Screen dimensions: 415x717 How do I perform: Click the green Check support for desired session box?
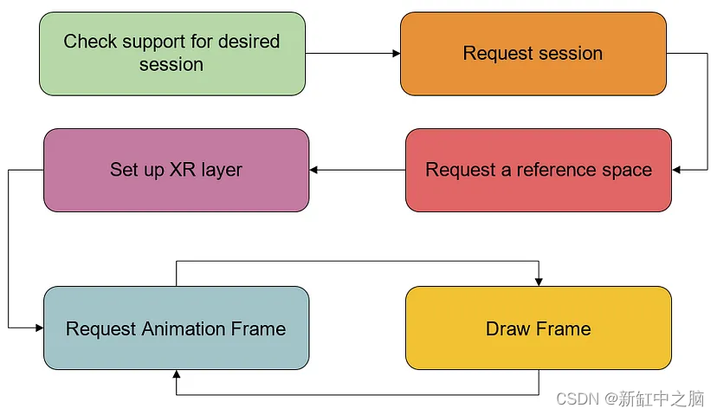(171, 53)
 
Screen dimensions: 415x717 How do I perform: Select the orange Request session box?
(533, 53)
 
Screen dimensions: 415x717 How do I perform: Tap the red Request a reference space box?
(538, 170)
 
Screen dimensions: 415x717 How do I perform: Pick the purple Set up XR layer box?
(176, 170)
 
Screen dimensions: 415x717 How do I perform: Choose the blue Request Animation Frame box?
(176, 328)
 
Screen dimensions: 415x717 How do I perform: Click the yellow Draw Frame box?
(538, 328)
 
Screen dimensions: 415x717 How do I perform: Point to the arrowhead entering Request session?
(396, 54)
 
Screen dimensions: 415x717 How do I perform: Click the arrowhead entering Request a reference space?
(677, 170)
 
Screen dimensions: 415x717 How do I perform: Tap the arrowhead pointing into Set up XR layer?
(314, 170)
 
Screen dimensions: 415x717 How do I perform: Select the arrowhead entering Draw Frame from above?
(539, 281)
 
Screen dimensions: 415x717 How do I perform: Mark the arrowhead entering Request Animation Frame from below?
(177, 374)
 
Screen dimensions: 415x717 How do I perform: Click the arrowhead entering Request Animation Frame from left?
(39, 328)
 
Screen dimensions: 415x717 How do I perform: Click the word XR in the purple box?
(182, 170)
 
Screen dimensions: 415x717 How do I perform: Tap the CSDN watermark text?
(578, 399)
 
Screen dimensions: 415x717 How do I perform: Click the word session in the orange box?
(568, 54)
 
